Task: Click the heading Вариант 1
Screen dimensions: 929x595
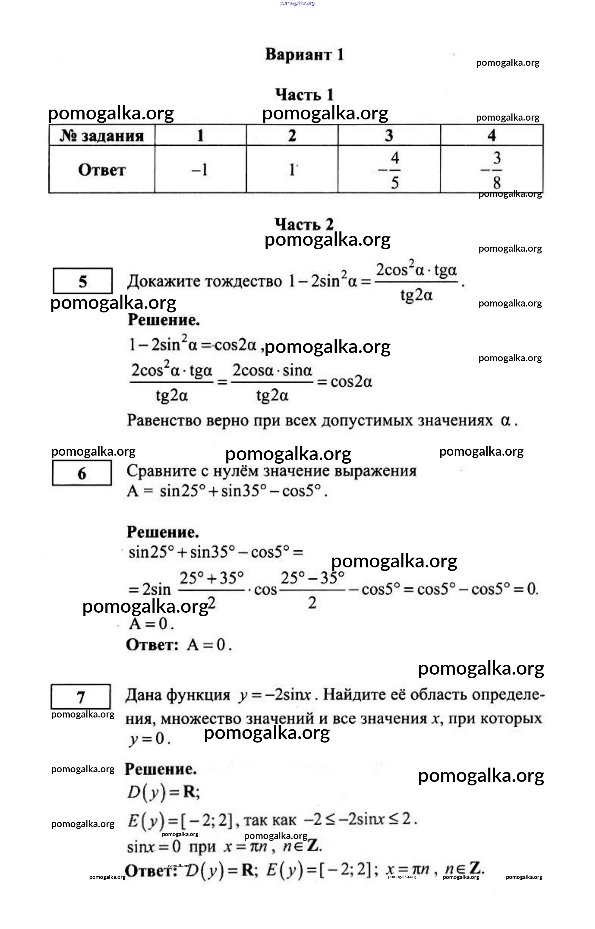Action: [x=304, y=55]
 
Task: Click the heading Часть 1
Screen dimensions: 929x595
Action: [x=304, y=95]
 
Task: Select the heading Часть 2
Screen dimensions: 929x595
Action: [x=304, y=224]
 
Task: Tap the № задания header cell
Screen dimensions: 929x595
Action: [x=101, y=136]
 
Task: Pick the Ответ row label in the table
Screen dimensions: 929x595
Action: [x=101, y=170]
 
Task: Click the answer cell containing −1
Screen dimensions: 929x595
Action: [x=200, y=170]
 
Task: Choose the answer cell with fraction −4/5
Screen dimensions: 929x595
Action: [x=389, y=170]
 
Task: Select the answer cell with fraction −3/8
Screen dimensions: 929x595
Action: [x=491, y=170]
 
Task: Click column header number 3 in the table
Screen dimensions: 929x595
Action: [x=389, y=136]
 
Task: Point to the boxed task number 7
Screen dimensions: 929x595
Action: [x=80, y=698]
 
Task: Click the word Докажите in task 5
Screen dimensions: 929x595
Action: [x=162, y=281]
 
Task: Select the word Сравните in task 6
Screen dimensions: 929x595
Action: [x=159, y=471]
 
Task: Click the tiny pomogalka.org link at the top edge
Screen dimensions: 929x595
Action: [x=298, y=4]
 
